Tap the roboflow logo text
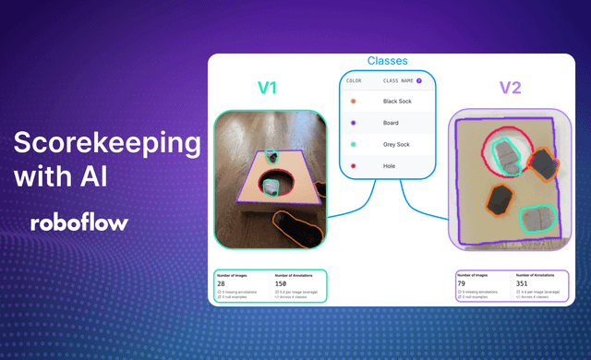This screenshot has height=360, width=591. coord(78,222)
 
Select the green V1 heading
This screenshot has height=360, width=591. coord(267,89)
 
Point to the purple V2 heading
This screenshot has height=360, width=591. coord(510,89)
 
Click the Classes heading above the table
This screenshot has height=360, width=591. coord(388,61)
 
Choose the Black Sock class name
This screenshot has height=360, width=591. coord(399,102)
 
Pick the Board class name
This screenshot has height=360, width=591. coord(392,123)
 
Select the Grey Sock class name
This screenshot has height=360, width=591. coord(398,144)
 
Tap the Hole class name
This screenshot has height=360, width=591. coord(390,165)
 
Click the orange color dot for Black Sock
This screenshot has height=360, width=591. coord(352,102)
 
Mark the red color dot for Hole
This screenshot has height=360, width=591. coord(352,165)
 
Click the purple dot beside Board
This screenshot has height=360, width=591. coord(352,123)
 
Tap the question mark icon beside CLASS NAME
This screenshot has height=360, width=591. coord(419,80)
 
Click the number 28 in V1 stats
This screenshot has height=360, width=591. coord(222,284)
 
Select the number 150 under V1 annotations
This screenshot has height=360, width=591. coord(282,284)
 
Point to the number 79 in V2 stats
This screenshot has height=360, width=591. coord(464,284)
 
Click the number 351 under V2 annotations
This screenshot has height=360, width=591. coord(524,284)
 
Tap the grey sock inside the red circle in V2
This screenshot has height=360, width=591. coord(504,151)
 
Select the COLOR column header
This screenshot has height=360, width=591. coord(354,80)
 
